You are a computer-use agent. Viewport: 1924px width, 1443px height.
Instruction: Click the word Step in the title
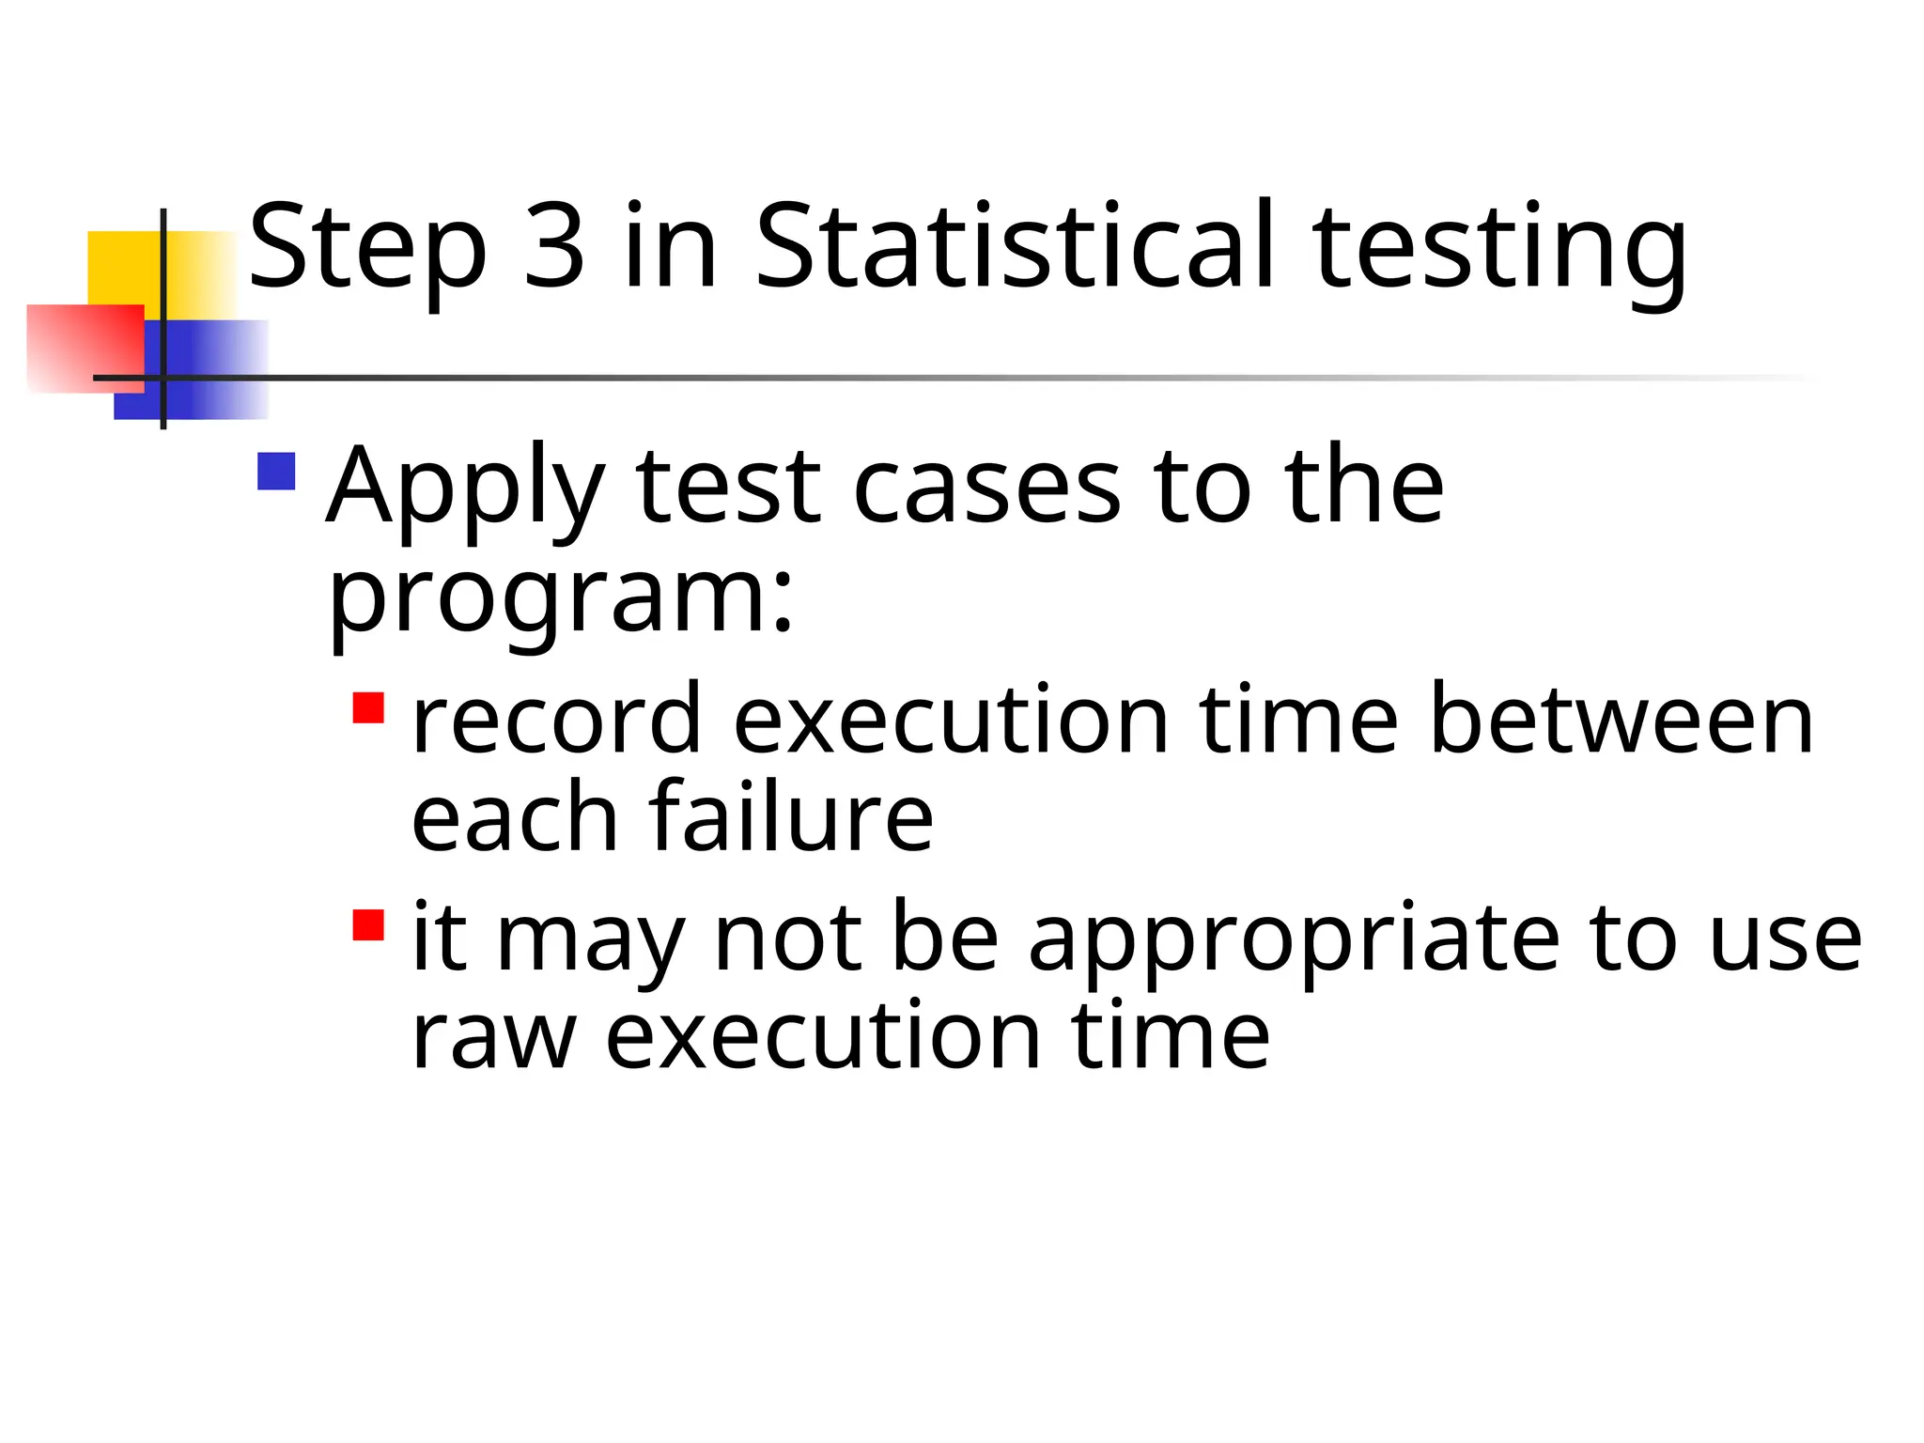[x=367, y=248]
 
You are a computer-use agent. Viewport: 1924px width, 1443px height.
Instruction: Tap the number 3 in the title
[x=554, y=246]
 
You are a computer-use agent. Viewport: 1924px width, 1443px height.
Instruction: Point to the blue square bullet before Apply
[x=276, y=472]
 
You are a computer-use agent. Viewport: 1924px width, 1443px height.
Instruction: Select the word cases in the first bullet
[x=986, y=489]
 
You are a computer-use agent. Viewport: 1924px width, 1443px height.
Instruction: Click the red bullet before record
[x=368, y=707]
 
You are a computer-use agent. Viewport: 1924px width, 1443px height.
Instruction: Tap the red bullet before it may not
[x=368, y=924]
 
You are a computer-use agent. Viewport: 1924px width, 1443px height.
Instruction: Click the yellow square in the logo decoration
[x=123, y=267]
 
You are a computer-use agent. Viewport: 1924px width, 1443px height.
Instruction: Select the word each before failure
[x=514, y=819]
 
